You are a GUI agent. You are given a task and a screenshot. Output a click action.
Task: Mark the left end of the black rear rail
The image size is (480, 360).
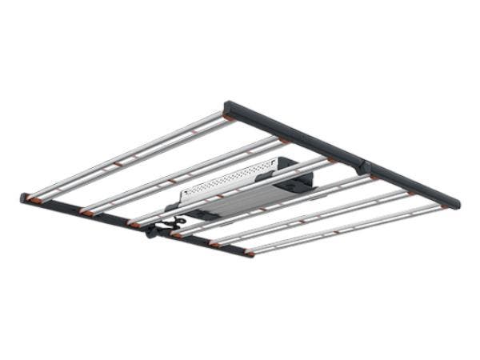(x=229, y=105)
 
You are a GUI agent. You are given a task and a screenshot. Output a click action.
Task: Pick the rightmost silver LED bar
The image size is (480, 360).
(x=344, y=228)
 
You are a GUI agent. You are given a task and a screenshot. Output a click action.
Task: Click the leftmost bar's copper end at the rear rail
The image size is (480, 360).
(x=228, y=117)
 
